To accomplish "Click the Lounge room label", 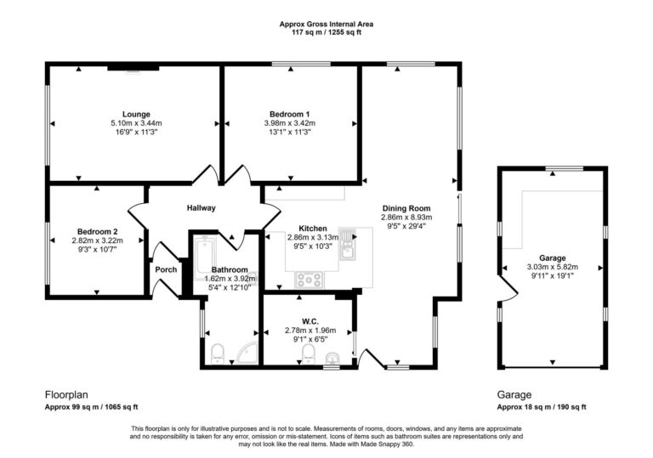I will click(136, 114).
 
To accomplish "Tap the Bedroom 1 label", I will click(289, 114).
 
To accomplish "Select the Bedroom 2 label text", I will click(97, 231).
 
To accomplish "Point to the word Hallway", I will click(202, 208).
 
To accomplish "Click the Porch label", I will click(166, 269).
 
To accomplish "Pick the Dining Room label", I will click(406, 208).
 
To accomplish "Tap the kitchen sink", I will click(347, 242).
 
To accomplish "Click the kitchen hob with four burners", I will click(308, 278).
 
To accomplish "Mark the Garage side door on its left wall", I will click(506, 297).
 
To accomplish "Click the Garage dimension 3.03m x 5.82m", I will click(552, 267).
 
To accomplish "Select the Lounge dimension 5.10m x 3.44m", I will click(136, 123).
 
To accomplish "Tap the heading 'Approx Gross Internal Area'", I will click(326, 24).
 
